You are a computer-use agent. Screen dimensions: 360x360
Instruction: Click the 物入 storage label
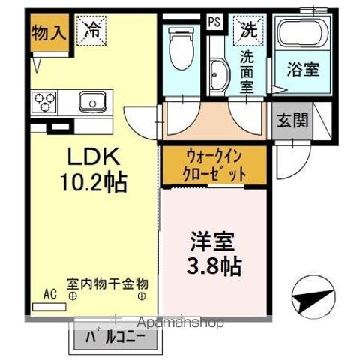click(46, 33)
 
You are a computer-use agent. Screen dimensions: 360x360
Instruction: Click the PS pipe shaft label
click(214, 22)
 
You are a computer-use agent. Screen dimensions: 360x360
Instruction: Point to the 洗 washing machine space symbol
click(247, 30)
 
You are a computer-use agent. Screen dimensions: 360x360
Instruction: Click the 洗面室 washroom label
click(247, 72)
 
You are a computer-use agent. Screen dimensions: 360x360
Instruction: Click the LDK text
click(94, 157)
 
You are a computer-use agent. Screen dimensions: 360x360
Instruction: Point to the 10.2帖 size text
click(94, 182)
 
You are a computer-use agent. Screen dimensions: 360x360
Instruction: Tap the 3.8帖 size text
click(214, 265)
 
